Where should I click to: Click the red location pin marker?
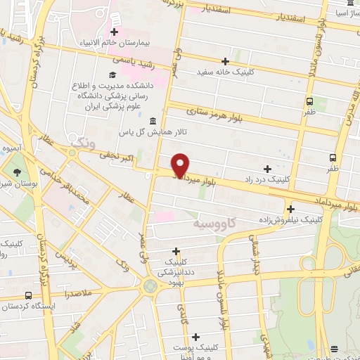click(x=181, y=165)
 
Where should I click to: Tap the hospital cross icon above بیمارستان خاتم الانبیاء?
click(x=113, y=31)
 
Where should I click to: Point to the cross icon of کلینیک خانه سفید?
click(x=225, y=61)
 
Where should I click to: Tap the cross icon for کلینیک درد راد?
click(x=267, y=169)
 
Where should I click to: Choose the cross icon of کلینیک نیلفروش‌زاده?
click(x=290, y=208)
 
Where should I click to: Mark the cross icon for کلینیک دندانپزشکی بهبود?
click(x=176, y=251)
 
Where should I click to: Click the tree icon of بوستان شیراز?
click(x=18, y=171)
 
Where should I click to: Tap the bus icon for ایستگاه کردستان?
click(x=28, y=295)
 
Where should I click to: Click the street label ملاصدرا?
click(x=98, y=279)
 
